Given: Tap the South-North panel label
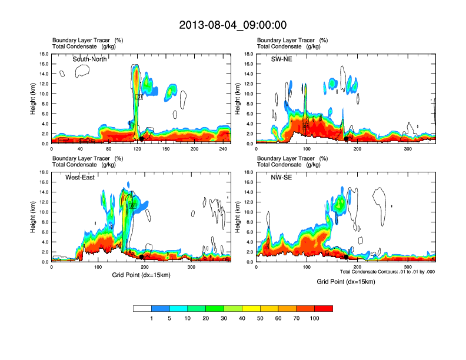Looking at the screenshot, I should (x=89, y=59).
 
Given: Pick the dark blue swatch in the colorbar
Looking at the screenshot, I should (x=160, y=308).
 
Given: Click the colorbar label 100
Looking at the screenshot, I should (x=315, y=318).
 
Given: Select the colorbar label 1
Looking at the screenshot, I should (x=151, y=318).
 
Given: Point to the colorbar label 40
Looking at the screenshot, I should (x=242, y=318).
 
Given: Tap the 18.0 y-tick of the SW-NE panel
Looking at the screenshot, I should (x=249, y=54).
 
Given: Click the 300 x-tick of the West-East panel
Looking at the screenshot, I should (x=191, y=267).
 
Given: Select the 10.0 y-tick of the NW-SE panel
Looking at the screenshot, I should (x=249, y=212).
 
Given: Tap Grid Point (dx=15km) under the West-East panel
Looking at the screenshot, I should (x=141, y=275).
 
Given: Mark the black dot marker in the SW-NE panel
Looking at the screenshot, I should (x=346, y=139).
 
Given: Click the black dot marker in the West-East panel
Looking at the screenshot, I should (x=142, y=257).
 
